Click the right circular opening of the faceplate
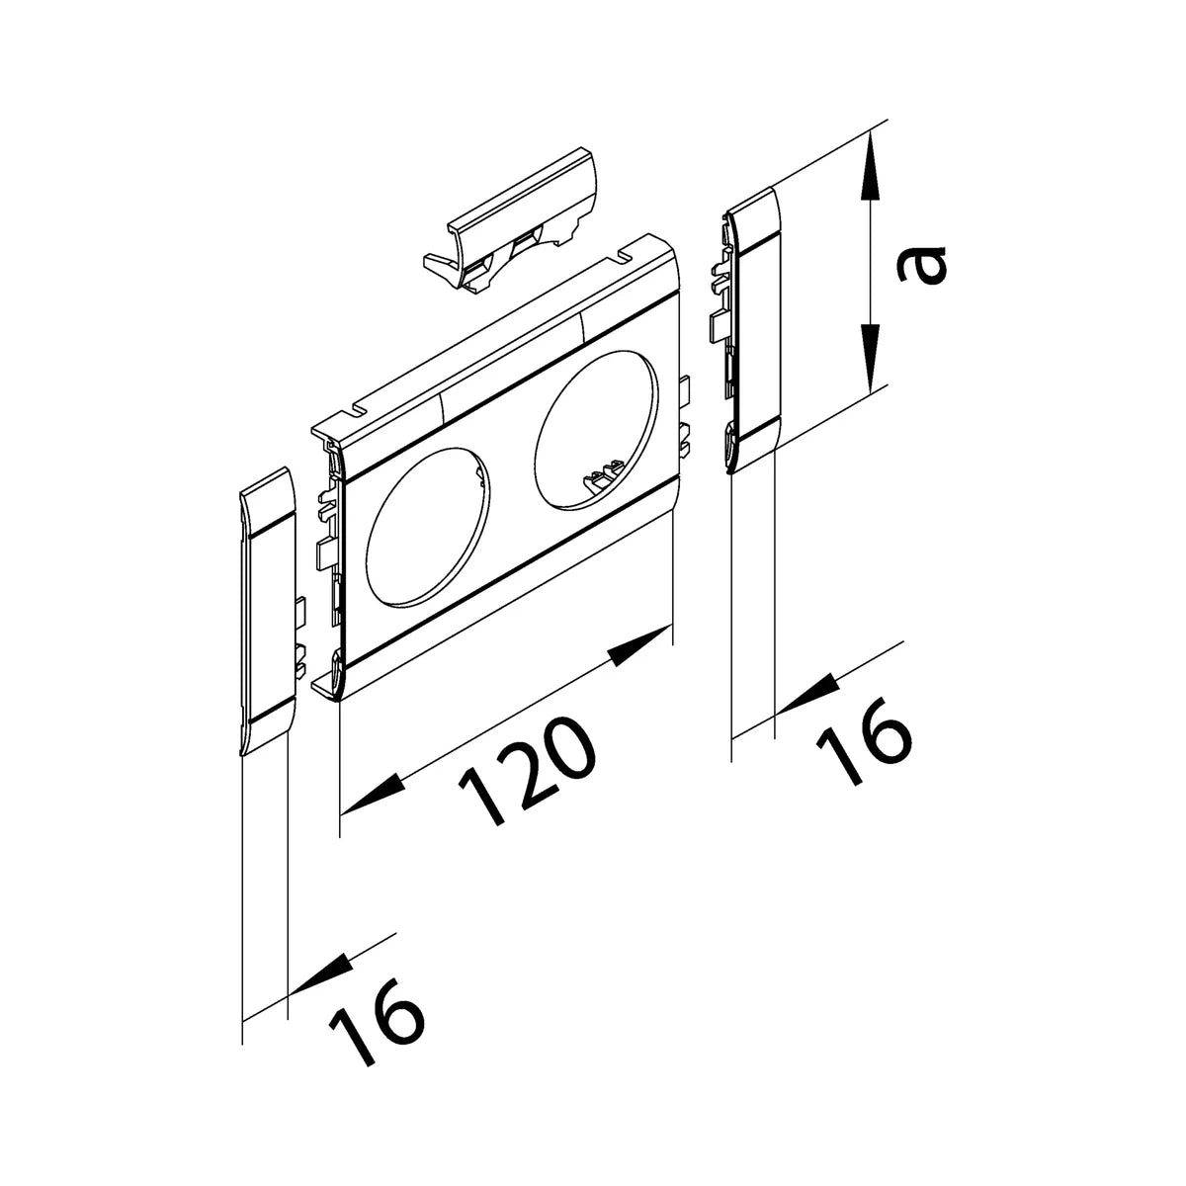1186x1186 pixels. (596, 430)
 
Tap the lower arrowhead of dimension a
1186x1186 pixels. (869, 358)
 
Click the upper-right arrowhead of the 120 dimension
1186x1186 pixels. (640, 644)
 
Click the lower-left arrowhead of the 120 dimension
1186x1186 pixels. (373, 797)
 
